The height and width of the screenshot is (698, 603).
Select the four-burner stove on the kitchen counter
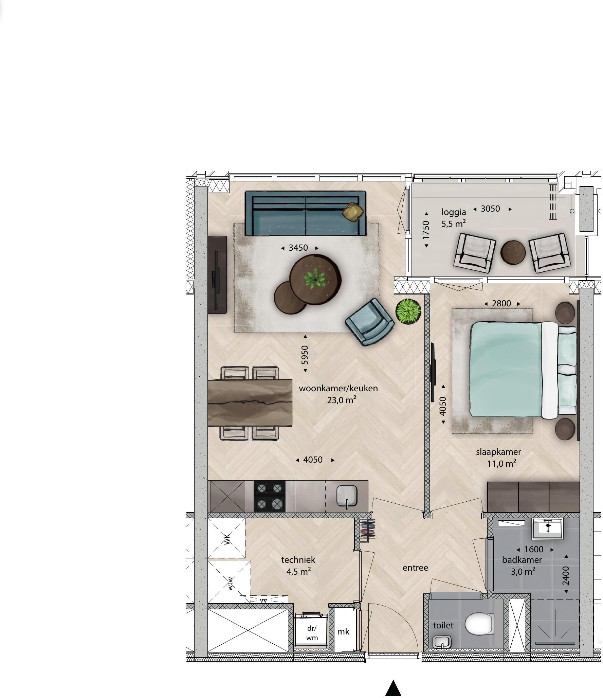(270, 496)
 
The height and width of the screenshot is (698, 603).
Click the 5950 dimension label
(305, 355)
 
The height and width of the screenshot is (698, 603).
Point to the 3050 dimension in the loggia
(490, 209)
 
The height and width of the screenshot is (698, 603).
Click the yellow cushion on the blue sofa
(353, 212)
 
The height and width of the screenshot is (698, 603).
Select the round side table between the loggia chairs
(513, 252)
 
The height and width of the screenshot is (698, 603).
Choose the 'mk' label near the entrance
(343, 631)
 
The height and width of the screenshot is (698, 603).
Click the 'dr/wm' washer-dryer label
(312, 633)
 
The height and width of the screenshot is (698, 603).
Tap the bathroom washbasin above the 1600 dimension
(547, 529)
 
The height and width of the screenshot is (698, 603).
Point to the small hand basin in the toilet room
(441, 642)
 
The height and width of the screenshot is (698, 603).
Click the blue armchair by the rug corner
(370, 321)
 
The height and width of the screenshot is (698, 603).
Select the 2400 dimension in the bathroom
(566, 576)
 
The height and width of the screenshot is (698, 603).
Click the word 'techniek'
(298, 560)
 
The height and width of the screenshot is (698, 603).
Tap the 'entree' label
(415, 568)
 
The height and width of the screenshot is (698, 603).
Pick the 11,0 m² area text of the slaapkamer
(502, 464)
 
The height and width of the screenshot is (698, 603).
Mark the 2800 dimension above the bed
(501, 303)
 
